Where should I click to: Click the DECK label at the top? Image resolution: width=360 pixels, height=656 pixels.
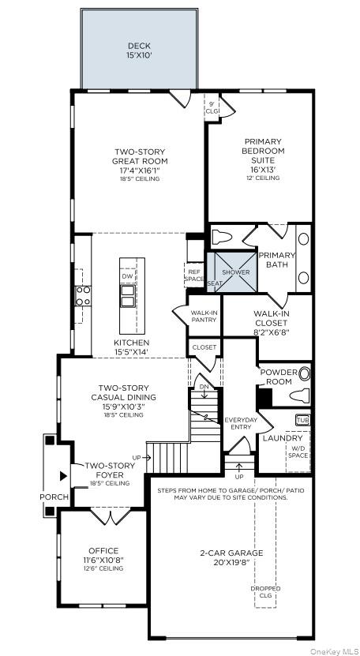139,46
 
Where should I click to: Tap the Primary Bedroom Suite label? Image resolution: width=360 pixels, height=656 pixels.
263,151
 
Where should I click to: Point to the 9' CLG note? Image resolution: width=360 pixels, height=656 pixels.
212,107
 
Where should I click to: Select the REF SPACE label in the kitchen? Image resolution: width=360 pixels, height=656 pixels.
193,275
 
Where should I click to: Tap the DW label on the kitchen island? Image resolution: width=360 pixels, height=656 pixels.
127,276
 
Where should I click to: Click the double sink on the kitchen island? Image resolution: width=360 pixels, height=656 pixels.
127,296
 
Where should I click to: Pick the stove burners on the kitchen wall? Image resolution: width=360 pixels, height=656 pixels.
82,296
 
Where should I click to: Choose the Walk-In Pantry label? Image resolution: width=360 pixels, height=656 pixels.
204,317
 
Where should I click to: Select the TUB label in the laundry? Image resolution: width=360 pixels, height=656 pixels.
303,420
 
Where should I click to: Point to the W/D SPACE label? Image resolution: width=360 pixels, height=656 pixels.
298,453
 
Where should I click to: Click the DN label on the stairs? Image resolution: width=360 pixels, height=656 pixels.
203,387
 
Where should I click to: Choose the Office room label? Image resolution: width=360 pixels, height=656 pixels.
103,550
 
